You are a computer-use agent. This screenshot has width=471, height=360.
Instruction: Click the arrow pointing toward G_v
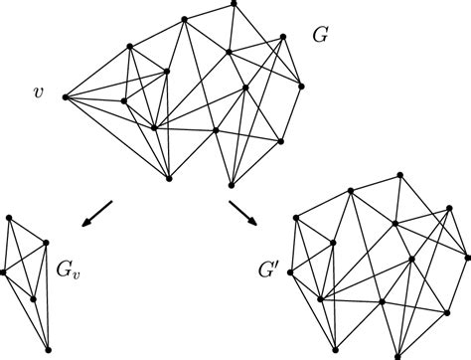97,212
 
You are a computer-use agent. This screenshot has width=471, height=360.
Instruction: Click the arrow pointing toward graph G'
242,211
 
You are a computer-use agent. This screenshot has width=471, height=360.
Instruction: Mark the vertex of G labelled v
65,96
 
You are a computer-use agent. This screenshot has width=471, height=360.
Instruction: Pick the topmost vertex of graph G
234,3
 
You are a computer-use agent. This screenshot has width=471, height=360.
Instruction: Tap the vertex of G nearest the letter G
283,37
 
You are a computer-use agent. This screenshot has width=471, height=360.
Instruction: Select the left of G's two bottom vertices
169,179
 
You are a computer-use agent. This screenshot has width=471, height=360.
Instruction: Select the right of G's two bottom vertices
232,183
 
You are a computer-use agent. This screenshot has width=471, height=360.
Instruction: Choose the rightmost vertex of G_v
47,242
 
